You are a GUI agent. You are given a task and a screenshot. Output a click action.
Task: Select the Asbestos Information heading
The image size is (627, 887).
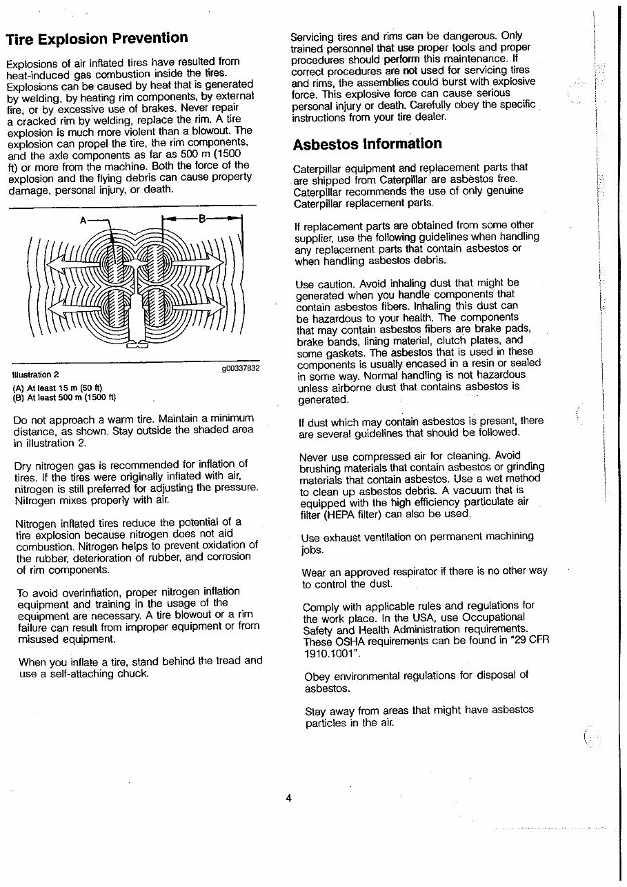[x=367, y=144]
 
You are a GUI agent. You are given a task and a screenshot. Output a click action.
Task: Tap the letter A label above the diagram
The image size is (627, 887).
[x=83, y=220]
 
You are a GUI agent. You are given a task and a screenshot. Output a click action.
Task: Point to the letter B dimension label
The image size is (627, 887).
[x=202, y=219]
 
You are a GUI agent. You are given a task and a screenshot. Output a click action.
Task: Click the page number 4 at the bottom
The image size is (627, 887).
[x=289, y=798]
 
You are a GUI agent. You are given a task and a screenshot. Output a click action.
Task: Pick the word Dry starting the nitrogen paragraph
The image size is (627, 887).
[x=24, y=464]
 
